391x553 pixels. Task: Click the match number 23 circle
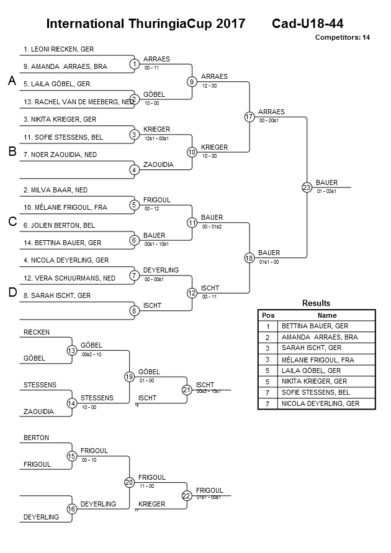306,187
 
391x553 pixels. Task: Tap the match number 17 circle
249,117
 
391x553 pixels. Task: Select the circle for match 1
134,64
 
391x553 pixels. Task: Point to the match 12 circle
192,293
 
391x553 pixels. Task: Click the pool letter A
11,81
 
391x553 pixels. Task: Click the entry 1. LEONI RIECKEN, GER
58,48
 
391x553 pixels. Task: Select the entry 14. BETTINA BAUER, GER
62,243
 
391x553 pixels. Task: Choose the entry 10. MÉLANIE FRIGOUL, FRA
65,207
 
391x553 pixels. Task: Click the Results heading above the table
316,303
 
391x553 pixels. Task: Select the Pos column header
268,315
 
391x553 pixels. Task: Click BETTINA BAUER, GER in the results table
315,326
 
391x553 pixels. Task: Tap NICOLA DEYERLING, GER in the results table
320,404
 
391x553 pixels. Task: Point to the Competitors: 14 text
342,37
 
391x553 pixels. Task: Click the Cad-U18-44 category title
307,24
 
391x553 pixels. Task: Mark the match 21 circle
186,390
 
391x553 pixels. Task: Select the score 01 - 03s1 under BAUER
326,191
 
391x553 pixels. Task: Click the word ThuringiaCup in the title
171,24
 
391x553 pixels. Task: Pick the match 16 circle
71,509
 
